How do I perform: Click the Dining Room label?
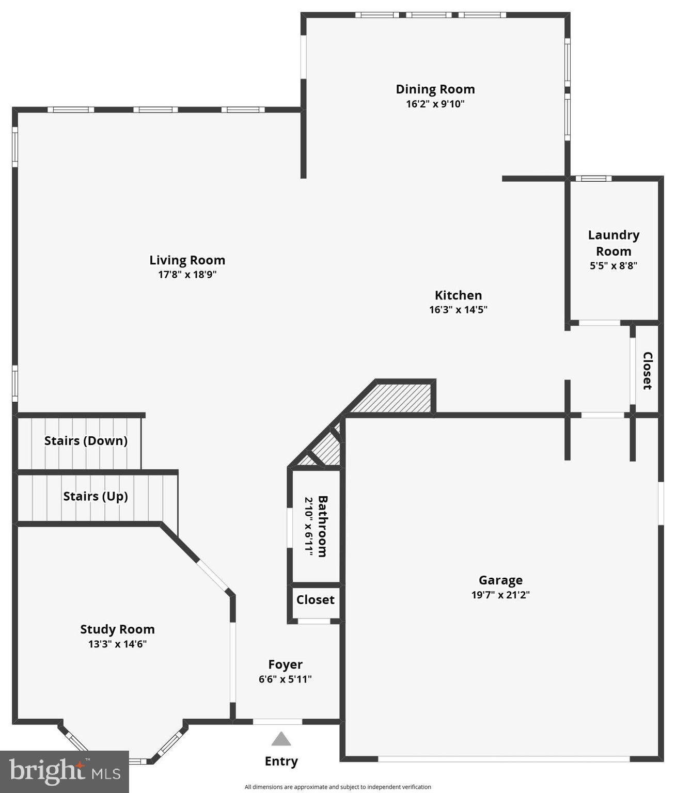click(435, 89)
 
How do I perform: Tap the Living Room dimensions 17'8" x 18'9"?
click(187, 275)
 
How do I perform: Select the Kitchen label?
click(458, 295)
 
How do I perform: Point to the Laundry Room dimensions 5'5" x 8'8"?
click(614, 266)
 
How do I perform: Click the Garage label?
click(500, 580)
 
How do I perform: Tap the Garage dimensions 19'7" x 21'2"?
click(500, 595)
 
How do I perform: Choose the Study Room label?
click(117, 629)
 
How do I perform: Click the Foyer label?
click(285, 664)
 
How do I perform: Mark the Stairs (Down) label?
click(86, 441)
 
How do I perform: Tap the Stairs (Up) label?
click(96, 496)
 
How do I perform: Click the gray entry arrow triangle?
click(281, 739)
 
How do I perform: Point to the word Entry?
click(281, 761)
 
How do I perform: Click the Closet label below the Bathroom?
click(315, 600)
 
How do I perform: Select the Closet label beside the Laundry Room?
click(647, 370)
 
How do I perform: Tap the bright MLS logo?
click(65, 772)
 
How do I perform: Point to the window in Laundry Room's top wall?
click(593, 179)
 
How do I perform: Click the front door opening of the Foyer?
click(277, 721)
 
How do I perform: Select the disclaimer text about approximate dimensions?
click(338, 787)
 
